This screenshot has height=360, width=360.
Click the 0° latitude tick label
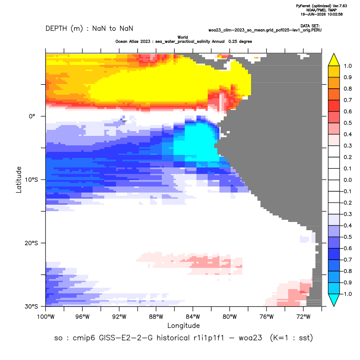coord(32,116)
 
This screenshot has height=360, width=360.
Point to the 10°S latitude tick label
coord(31,180)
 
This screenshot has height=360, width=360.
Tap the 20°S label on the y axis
coord(31,243)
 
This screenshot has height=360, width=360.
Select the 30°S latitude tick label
coord(31,306)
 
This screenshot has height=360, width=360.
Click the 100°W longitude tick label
coord(46,317)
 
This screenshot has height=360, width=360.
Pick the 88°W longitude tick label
coord(156,317)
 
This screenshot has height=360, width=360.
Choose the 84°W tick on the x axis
coord(193,317)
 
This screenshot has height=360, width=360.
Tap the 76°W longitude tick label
coord(267,317)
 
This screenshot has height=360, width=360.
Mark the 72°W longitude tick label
coord(303,317)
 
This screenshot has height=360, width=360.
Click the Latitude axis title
coord(19,180)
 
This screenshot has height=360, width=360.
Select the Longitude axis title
coord(183,325)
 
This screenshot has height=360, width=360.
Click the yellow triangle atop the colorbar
coord(334,60)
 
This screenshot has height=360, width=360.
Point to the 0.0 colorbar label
coord(347,180)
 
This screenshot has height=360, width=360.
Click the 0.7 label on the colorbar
coord(347,100)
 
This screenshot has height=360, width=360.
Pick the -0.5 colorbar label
coord(346,237)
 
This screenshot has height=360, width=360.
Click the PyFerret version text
coord(321,6)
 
